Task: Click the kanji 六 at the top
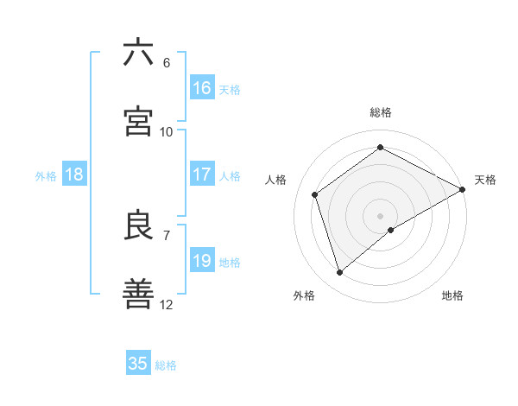point(138,53)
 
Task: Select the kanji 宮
point(138,122)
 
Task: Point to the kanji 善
point(138,295)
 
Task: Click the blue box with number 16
point(202,88)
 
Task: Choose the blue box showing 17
point(202,174)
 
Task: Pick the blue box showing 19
point(202,261)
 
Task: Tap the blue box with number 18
point(74,174)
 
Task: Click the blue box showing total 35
point(138,364)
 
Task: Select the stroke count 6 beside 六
point(167,63)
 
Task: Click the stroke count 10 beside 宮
point(167,132)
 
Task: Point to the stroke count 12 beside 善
point(167,305)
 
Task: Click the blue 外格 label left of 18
point(46,175)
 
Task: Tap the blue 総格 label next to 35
point(166,365)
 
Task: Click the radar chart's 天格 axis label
point(485,180)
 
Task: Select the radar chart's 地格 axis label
point(452,295)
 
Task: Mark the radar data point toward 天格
point(463,188)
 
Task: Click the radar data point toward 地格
point(391,230)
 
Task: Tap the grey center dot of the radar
point(380,215)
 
